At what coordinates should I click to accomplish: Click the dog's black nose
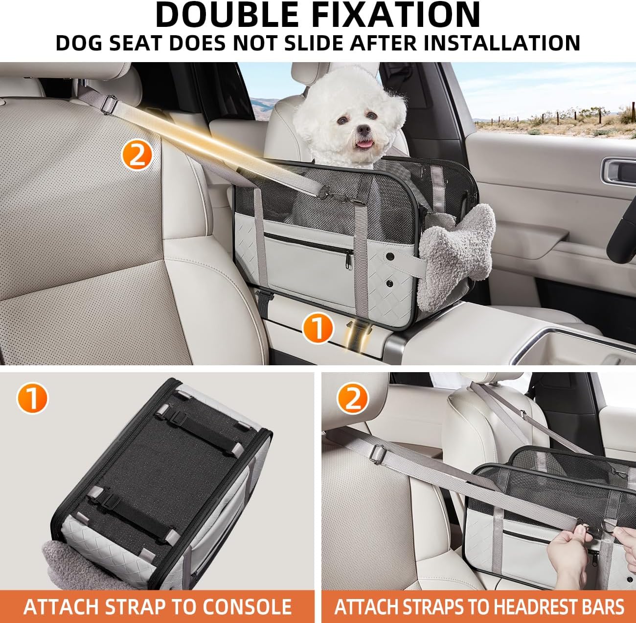(x=363, y=129)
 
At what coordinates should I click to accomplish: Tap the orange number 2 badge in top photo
(x=137, y=155)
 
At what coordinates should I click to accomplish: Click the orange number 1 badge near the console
(x=318, y=328)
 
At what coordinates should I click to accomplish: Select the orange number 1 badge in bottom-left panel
(x=32, y=399)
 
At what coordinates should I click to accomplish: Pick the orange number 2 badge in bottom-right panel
(x=352, y=398)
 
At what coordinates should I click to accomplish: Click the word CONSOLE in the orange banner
(x=247, y=607)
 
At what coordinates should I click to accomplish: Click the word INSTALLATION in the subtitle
(x=502, y=43)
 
